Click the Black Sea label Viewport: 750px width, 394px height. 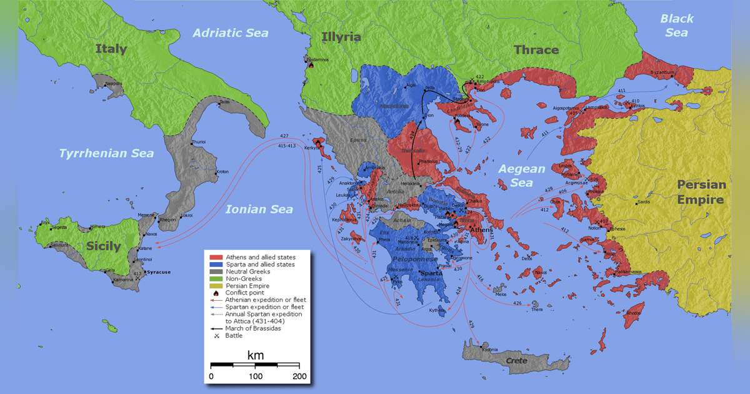click(x=677, y=25)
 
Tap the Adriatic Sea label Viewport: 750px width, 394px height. click(x=230, y=33)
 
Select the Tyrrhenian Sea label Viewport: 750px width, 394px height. click(x=106, y=153)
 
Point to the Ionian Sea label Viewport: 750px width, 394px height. click(x=259, y=210)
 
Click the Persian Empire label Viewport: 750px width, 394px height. click(x=701, y=192)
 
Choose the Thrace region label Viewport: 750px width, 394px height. click(x=536, y=50)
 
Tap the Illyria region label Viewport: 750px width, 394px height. click(x=341, y=37)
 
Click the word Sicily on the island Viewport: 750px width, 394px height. click(x=103, y=246)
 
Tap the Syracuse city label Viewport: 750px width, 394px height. click(x=158, y=273)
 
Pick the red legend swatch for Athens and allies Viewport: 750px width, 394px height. click(x=216, y=257)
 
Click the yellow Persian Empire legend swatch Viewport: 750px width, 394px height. click(x=216, y=286)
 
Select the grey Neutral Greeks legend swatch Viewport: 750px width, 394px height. click(x=216, y=271)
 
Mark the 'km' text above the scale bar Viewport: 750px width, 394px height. click(x=255, y=355)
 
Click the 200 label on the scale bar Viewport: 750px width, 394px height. click(x=299, y=376)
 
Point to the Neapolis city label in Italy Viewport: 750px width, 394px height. click(x=114, y=83)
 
